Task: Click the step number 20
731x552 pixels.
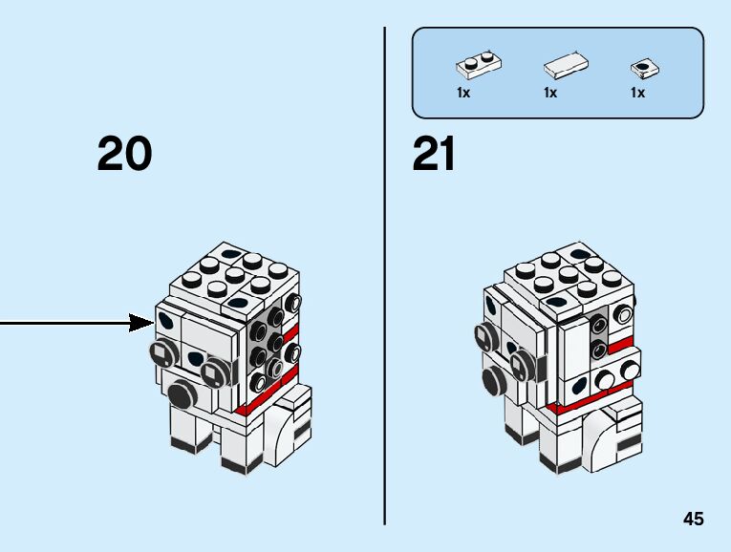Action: pyautogui.click(x=124, y=154)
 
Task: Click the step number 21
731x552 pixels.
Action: pyautogui.click(x=434, y=154)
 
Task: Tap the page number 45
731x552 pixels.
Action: pyautogui.click(x=693, y=519)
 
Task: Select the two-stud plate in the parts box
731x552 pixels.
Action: pyautogui.click(x=480, y=65)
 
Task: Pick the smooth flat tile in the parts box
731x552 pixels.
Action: pyautogui.click(x=566, y=66)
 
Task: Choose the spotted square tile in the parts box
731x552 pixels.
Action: pyautogui.click(x=646, y=68)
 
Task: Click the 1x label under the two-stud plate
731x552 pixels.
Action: pyautogui.click(x=463, y=93)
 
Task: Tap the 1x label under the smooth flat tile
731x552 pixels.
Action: pyautogui.click(x=550, y=93)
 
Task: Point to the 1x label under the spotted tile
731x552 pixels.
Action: pyautogui.click(x=637, y=93)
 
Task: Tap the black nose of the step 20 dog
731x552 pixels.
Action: pyautogui.click(x=179, y=393)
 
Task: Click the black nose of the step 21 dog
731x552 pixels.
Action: pyautogui.click(x=495, y=381)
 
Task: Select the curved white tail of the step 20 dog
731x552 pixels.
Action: pyautogui.click(x=284, y=424)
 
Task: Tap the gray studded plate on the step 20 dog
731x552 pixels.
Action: pyautogui.click(x=264, y=344)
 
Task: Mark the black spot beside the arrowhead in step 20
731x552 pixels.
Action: pyautogui.click(x=166, y=322)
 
